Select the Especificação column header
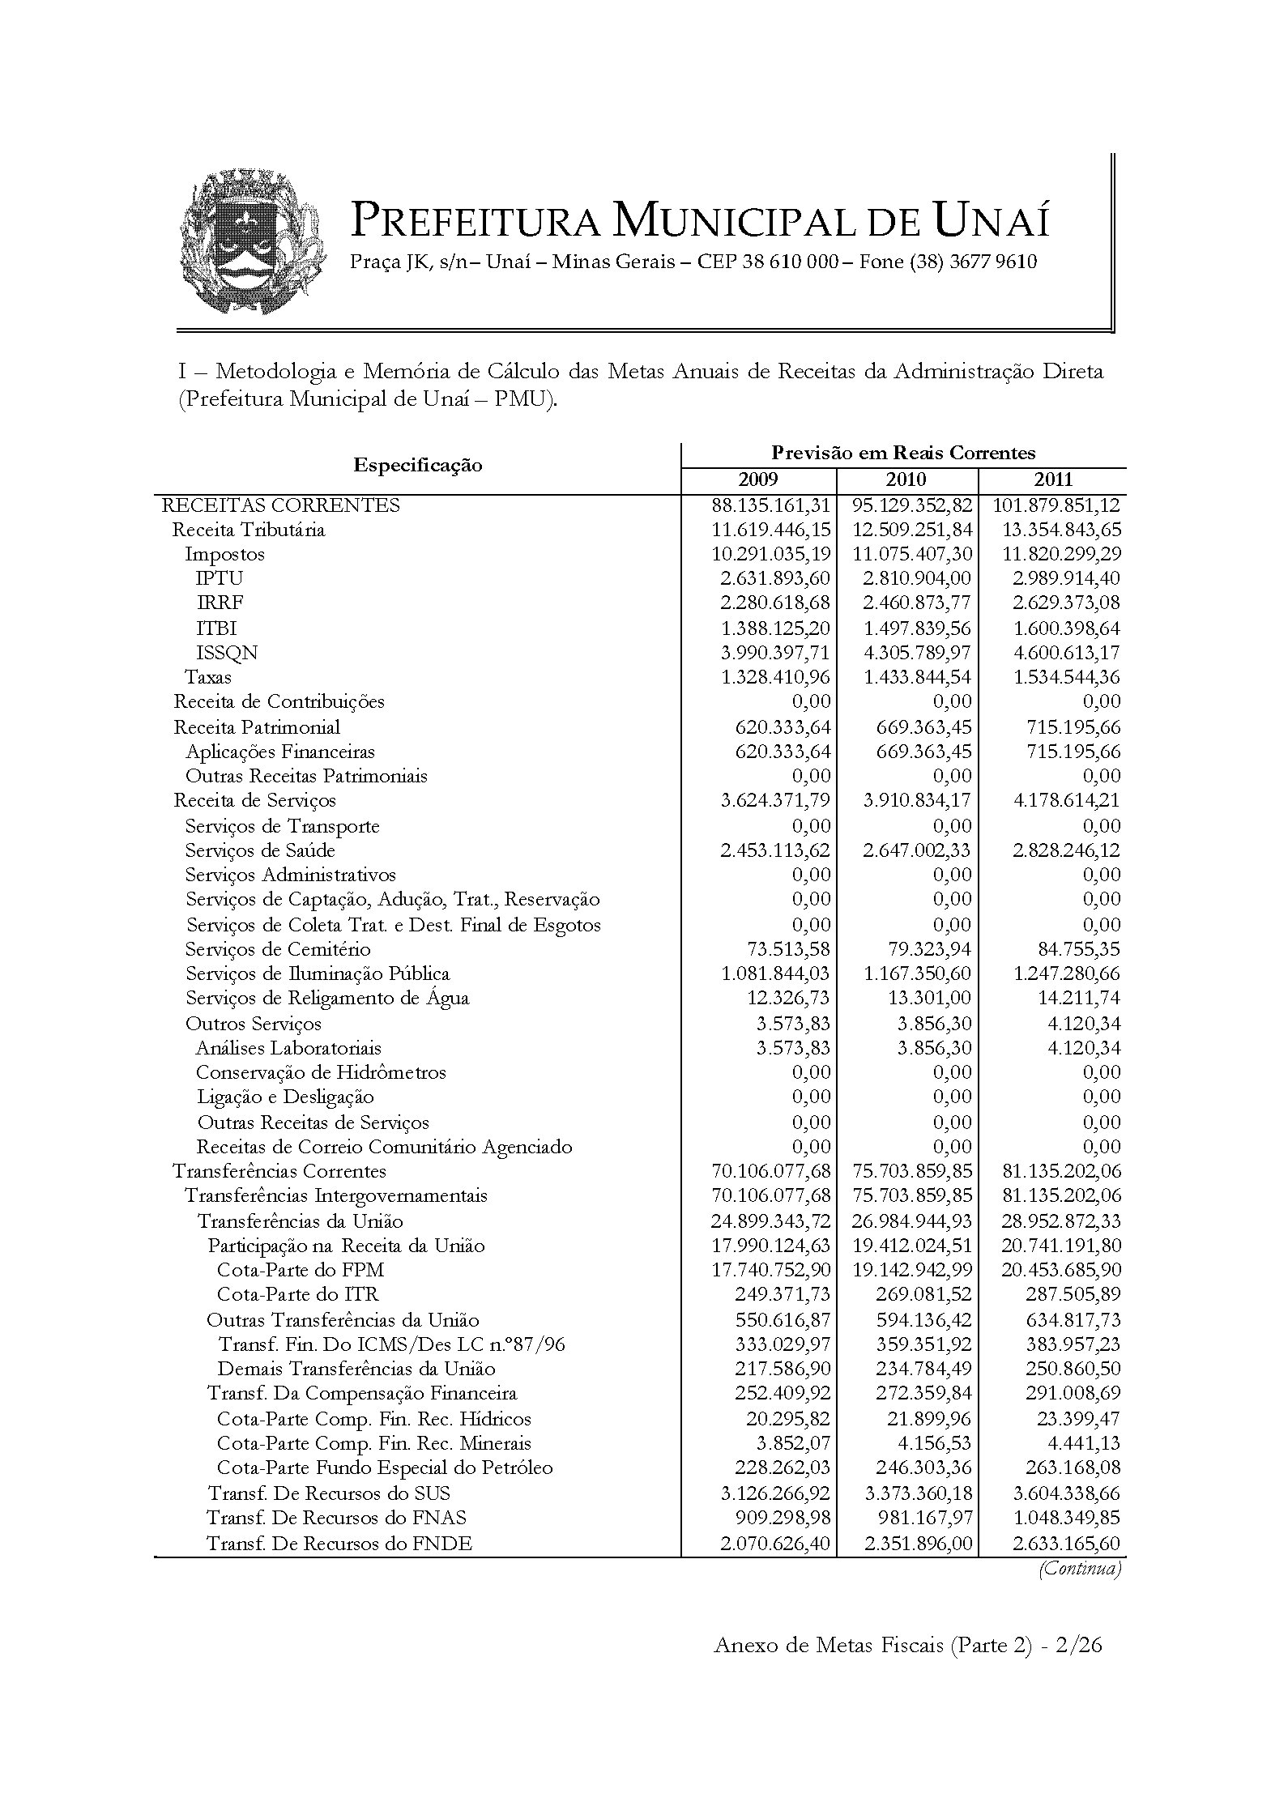click(x=417, y=465)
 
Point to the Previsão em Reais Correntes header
click(x=903, y=453)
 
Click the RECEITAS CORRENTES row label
click(x=281, y=505)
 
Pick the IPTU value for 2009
click(x=775, y=578)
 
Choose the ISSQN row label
click(x=227, y=653)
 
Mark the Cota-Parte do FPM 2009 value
click(x=770, y=1270)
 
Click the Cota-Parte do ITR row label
click(x=297, y=1294)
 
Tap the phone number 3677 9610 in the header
click(x=993, y=262)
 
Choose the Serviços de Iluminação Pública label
click(x=317, y=973)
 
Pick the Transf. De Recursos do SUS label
click(x=328, y=1493)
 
